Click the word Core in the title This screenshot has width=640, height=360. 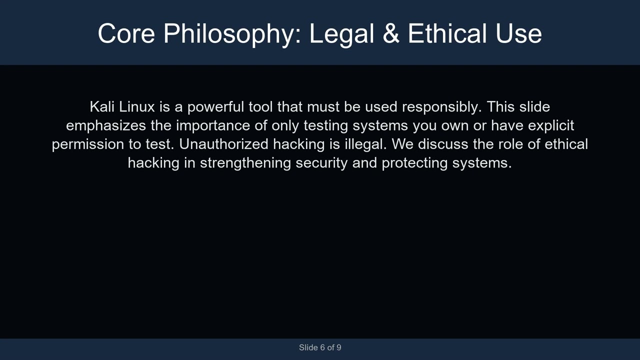coord(126,34)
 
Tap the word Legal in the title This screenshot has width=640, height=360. coord(341,34)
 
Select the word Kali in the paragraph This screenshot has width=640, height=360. coord(102,107)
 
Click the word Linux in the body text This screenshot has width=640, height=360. coord(137,107)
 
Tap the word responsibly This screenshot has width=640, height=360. coord(441,107)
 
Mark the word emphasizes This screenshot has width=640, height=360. coord(106,125)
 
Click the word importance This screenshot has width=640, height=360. coord(213,125)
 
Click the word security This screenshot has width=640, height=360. coord(321,163)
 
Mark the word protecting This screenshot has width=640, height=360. coord(414,163)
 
